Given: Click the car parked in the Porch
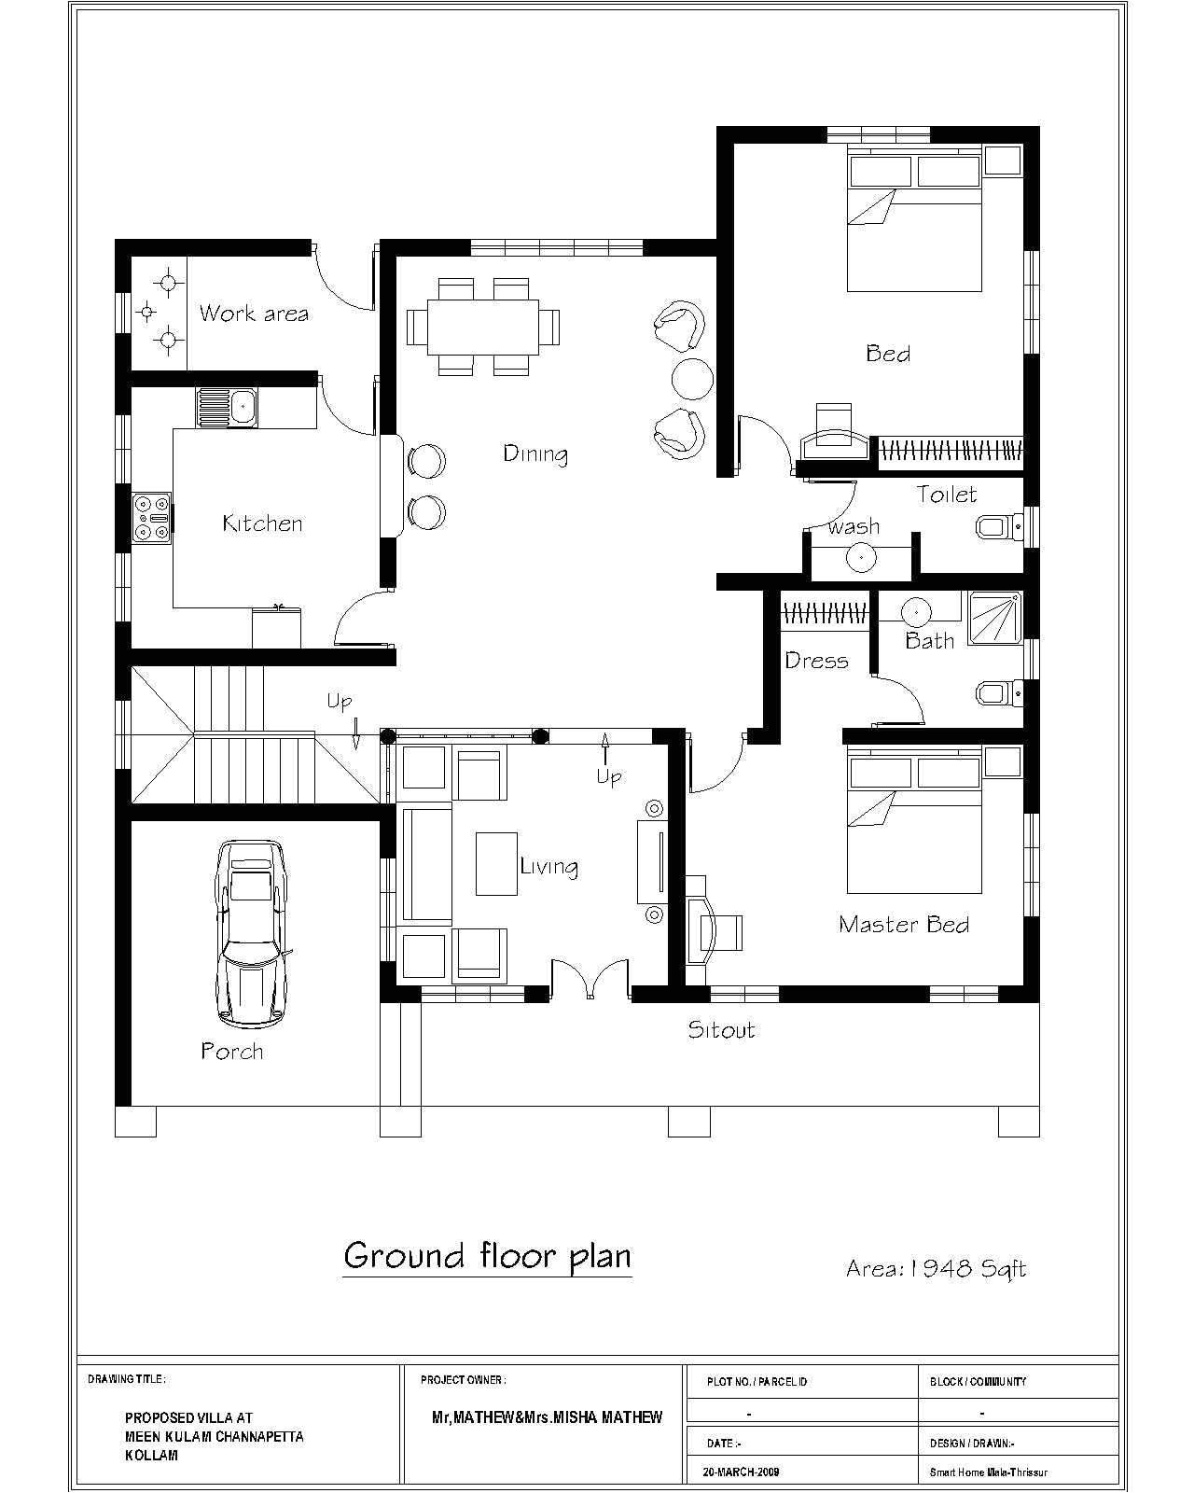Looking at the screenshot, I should coord(249,933).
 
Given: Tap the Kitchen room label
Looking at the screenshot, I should coord(262,523).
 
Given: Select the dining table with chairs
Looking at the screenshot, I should coord(483,327).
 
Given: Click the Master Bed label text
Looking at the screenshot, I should coord(903,925).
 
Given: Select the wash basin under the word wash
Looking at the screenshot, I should coord(861,558).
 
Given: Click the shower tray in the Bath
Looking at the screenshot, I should coord(995,617).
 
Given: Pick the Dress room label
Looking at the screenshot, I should coord(816,661).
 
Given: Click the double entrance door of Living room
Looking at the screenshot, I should coord(590,980).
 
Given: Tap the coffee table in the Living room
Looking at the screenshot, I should coord(496,863).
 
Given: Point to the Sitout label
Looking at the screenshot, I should coord(720,1030).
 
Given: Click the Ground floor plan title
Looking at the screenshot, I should coord(487,1256).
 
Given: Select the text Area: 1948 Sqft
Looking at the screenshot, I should coord(935,1268).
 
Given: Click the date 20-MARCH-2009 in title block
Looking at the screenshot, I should coord(741,1472).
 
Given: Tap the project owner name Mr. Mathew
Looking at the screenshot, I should coord(547,1416).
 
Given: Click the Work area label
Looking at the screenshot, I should coord(253,314).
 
